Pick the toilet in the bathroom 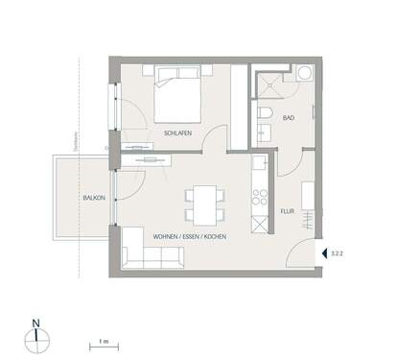point(264,118)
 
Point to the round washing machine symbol point(304,73)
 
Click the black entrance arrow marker point(323,253)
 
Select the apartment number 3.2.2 point(337,253)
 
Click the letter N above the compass point(35,322)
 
